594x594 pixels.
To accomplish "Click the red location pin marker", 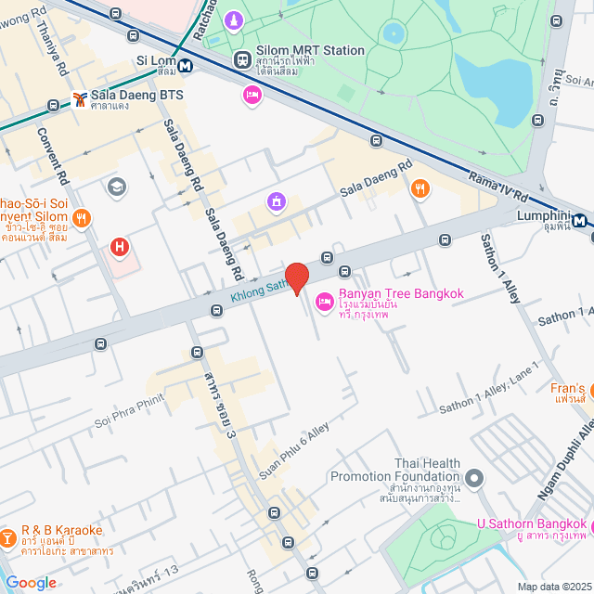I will tap(296, 278).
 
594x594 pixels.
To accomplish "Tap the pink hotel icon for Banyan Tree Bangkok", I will tap(324, 301).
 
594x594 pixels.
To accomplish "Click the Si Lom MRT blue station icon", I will tap(187, 66).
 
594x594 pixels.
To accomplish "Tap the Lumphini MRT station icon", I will tap(580, 221).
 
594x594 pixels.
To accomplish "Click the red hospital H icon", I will tap(119, 247).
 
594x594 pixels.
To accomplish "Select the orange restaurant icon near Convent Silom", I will tap(82, 218).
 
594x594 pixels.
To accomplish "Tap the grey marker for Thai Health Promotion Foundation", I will tap(475, 479).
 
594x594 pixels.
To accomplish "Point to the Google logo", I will tap(31, 582).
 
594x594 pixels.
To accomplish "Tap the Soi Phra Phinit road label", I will tap(129, 411).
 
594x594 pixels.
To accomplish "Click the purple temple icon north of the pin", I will tap(275, 201).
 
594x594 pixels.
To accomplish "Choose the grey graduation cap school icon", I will tap(116, 187).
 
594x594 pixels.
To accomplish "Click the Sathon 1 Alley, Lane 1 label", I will tap(488, 388).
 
